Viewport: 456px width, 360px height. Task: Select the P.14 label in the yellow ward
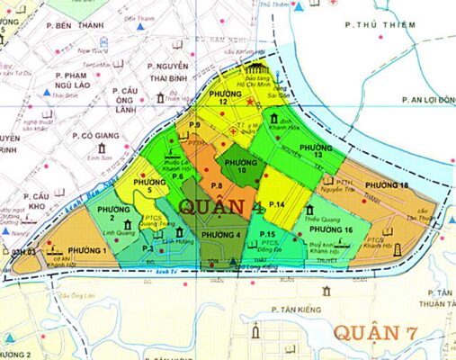[275, 205]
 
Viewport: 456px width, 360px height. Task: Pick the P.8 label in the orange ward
[216, 185]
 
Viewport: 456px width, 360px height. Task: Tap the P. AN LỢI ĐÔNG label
[427, 99]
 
